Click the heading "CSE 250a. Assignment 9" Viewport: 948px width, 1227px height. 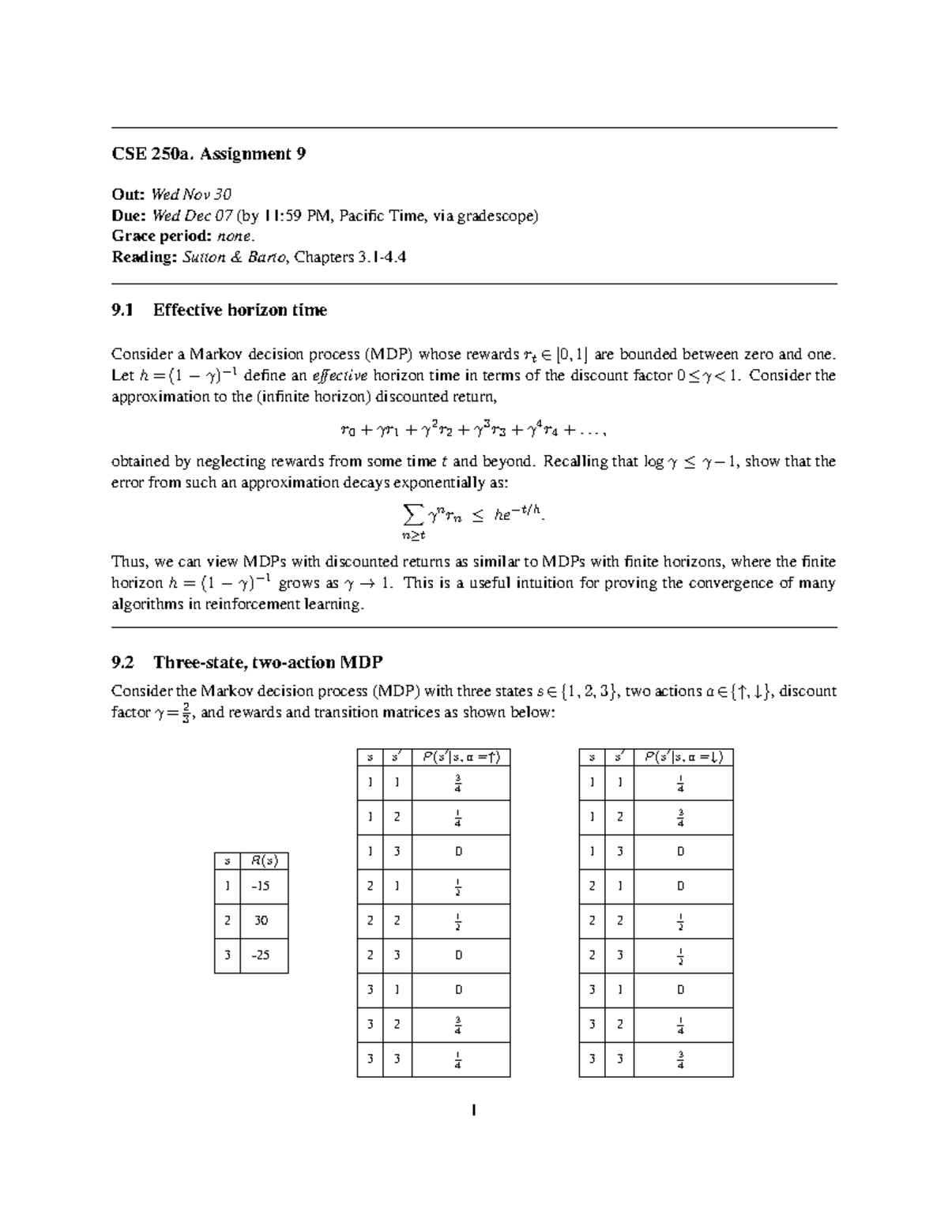209,154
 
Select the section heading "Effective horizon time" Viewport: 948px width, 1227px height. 239,311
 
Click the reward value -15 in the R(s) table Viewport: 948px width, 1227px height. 260,886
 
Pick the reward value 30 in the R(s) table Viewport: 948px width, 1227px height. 260,920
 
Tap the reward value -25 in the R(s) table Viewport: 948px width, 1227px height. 260,955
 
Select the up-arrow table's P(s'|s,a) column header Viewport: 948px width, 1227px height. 461,757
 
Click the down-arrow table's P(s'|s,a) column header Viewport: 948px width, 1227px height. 683,757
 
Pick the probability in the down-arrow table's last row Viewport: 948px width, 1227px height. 681,1060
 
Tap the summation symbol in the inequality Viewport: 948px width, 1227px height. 412,515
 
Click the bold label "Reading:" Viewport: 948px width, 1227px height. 145,258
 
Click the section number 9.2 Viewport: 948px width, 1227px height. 124,662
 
